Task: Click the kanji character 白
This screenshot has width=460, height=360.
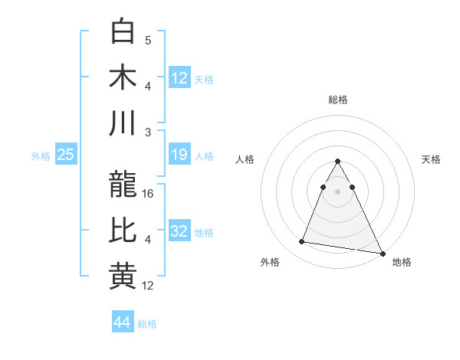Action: click(123, 32)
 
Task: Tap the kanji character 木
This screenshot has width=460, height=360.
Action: click(123, 77)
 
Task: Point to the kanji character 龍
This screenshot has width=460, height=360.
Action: click(123, 185)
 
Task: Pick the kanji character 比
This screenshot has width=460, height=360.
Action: click(123, 231)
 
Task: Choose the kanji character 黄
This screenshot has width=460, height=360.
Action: click(123, 276)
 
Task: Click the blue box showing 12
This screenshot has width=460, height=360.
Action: click(179, 77)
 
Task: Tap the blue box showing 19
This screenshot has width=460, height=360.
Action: click(179, 155)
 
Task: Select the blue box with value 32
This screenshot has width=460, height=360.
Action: click(179, 231)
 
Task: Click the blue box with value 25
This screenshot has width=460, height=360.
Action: click(66, 155)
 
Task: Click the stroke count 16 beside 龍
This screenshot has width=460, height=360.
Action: click(149, 194)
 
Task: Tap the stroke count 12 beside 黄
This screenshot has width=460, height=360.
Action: click(149, 286)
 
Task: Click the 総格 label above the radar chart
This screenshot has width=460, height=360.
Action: click(338, 100)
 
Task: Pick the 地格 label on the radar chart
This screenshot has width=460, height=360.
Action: click(402, 262)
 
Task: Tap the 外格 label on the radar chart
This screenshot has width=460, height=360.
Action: click(270, 262)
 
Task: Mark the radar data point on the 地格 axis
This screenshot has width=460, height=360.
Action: click(383, 254)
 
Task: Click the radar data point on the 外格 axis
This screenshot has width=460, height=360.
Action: click(301, 242)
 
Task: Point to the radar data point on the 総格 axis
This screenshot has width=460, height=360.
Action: click(338, 162)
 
